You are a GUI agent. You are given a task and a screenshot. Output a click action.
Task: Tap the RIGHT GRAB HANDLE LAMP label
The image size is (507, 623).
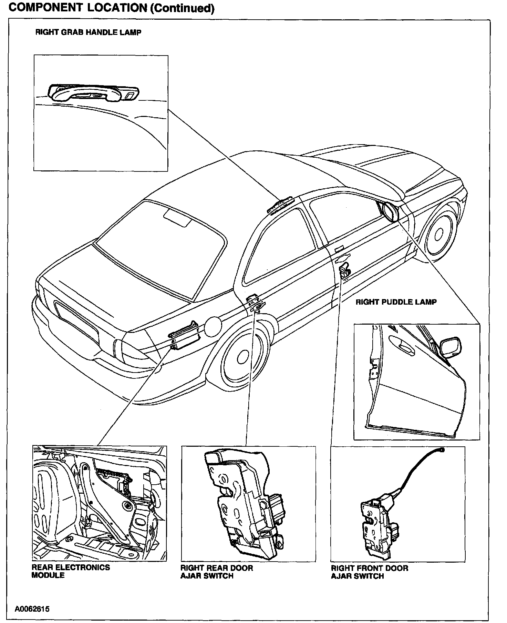coord(89,32)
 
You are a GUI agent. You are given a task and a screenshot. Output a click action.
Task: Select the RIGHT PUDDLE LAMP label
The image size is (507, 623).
coord(396,302)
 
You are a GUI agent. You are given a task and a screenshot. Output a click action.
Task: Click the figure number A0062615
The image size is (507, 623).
coord(32,609)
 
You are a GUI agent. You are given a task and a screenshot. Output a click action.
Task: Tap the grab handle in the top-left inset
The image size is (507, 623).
coord(93,93)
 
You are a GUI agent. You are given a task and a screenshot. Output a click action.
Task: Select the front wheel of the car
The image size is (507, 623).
coord(438,235)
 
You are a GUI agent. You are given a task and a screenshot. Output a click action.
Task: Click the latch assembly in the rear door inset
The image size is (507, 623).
coord(243,500)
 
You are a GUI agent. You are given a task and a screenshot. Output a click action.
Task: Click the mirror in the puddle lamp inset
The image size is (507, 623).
coord(449,347)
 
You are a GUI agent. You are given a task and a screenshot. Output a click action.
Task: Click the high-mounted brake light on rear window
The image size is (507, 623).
coord(177,219)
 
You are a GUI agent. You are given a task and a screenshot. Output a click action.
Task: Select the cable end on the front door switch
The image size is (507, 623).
coord(442,450)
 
